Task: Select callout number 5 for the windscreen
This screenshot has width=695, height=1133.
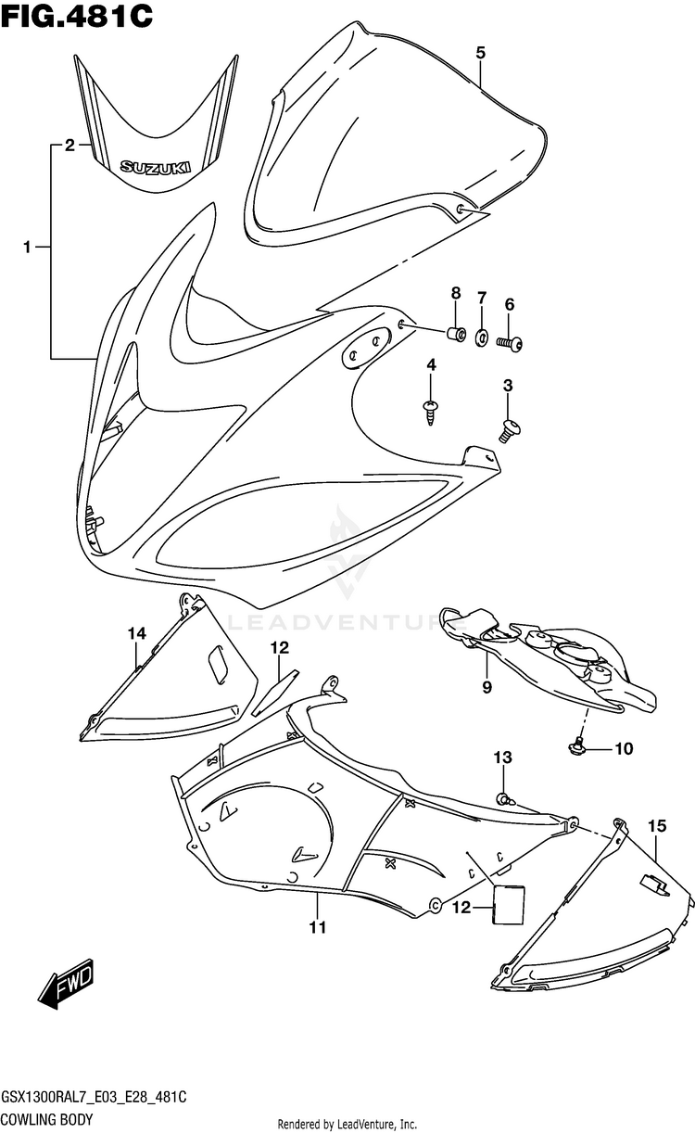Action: [480, 53]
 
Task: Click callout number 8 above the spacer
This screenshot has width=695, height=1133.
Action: [456, 293]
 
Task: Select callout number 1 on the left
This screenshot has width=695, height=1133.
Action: [28, 247]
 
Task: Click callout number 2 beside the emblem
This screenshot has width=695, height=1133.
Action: [69, 145]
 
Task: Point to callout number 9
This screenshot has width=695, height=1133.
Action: [486, 687]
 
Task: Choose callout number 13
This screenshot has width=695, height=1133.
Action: [501, 758]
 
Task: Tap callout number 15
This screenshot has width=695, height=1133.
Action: [657, 824]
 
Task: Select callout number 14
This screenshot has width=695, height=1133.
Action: [137, 633]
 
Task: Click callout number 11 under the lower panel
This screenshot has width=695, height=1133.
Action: [318, 927]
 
